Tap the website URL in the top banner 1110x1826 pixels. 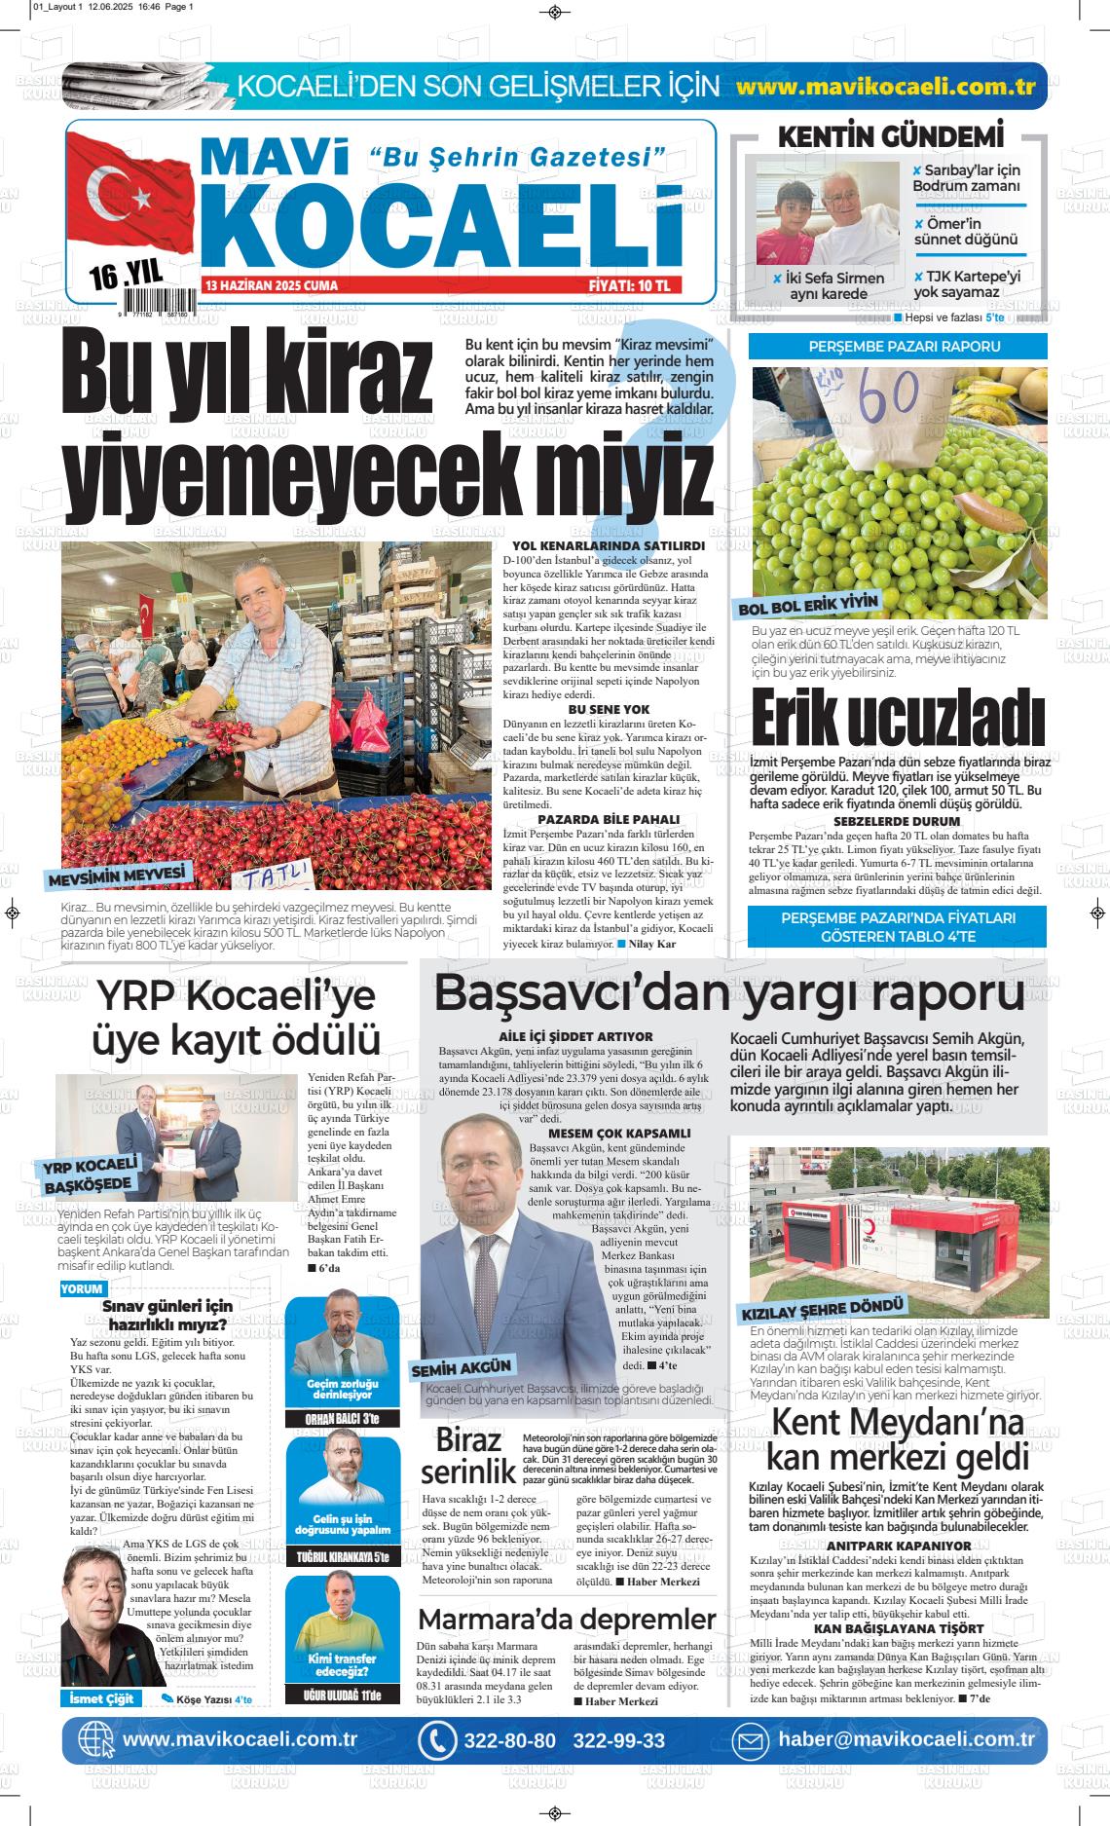(x=885, y=86)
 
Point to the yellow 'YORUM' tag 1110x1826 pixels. (x=82, y=1288)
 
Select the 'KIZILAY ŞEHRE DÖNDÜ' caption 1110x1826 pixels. (x=824, y=1308)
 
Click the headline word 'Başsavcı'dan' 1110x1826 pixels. (x=565, y=994)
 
